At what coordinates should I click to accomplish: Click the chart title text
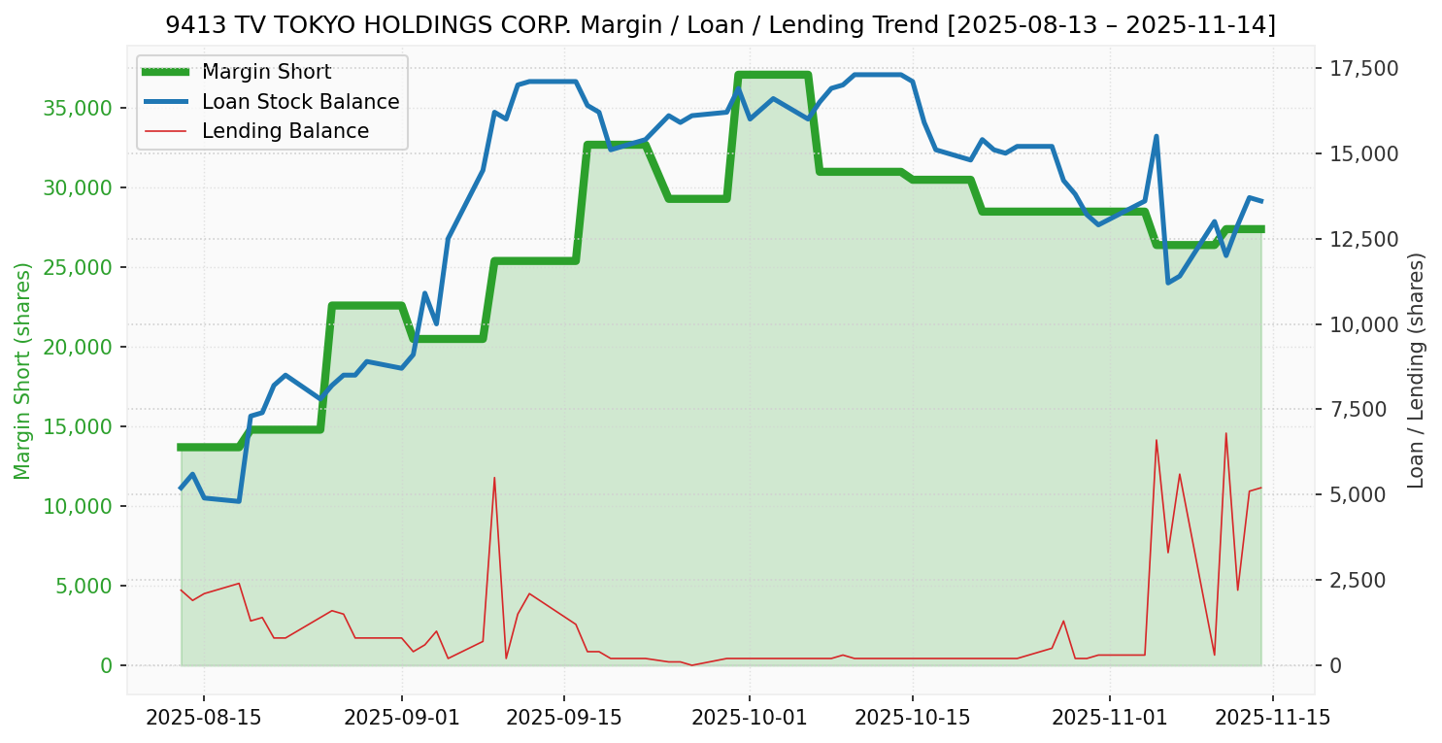721,25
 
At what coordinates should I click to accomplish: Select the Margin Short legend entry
266,72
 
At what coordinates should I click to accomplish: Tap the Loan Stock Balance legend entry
300,102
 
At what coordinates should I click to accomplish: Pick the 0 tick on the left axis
106,665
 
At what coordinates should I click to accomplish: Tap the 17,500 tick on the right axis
1364,68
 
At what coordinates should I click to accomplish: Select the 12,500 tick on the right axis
1364,239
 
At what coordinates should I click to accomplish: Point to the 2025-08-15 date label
203,718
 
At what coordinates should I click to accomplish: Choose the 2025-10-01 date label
750,718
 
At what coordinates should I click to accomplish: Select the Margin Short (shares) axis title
22,370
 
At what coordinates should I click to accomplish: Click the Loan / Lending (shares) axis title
1416,370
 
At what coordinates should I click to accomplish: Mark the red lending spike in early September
494,478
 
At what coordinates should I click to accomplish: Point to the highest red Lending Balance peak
1225,433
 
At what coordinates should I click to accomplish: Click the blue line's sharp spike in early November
1157,136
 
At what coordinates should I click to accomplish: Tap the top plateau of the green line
773,75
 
